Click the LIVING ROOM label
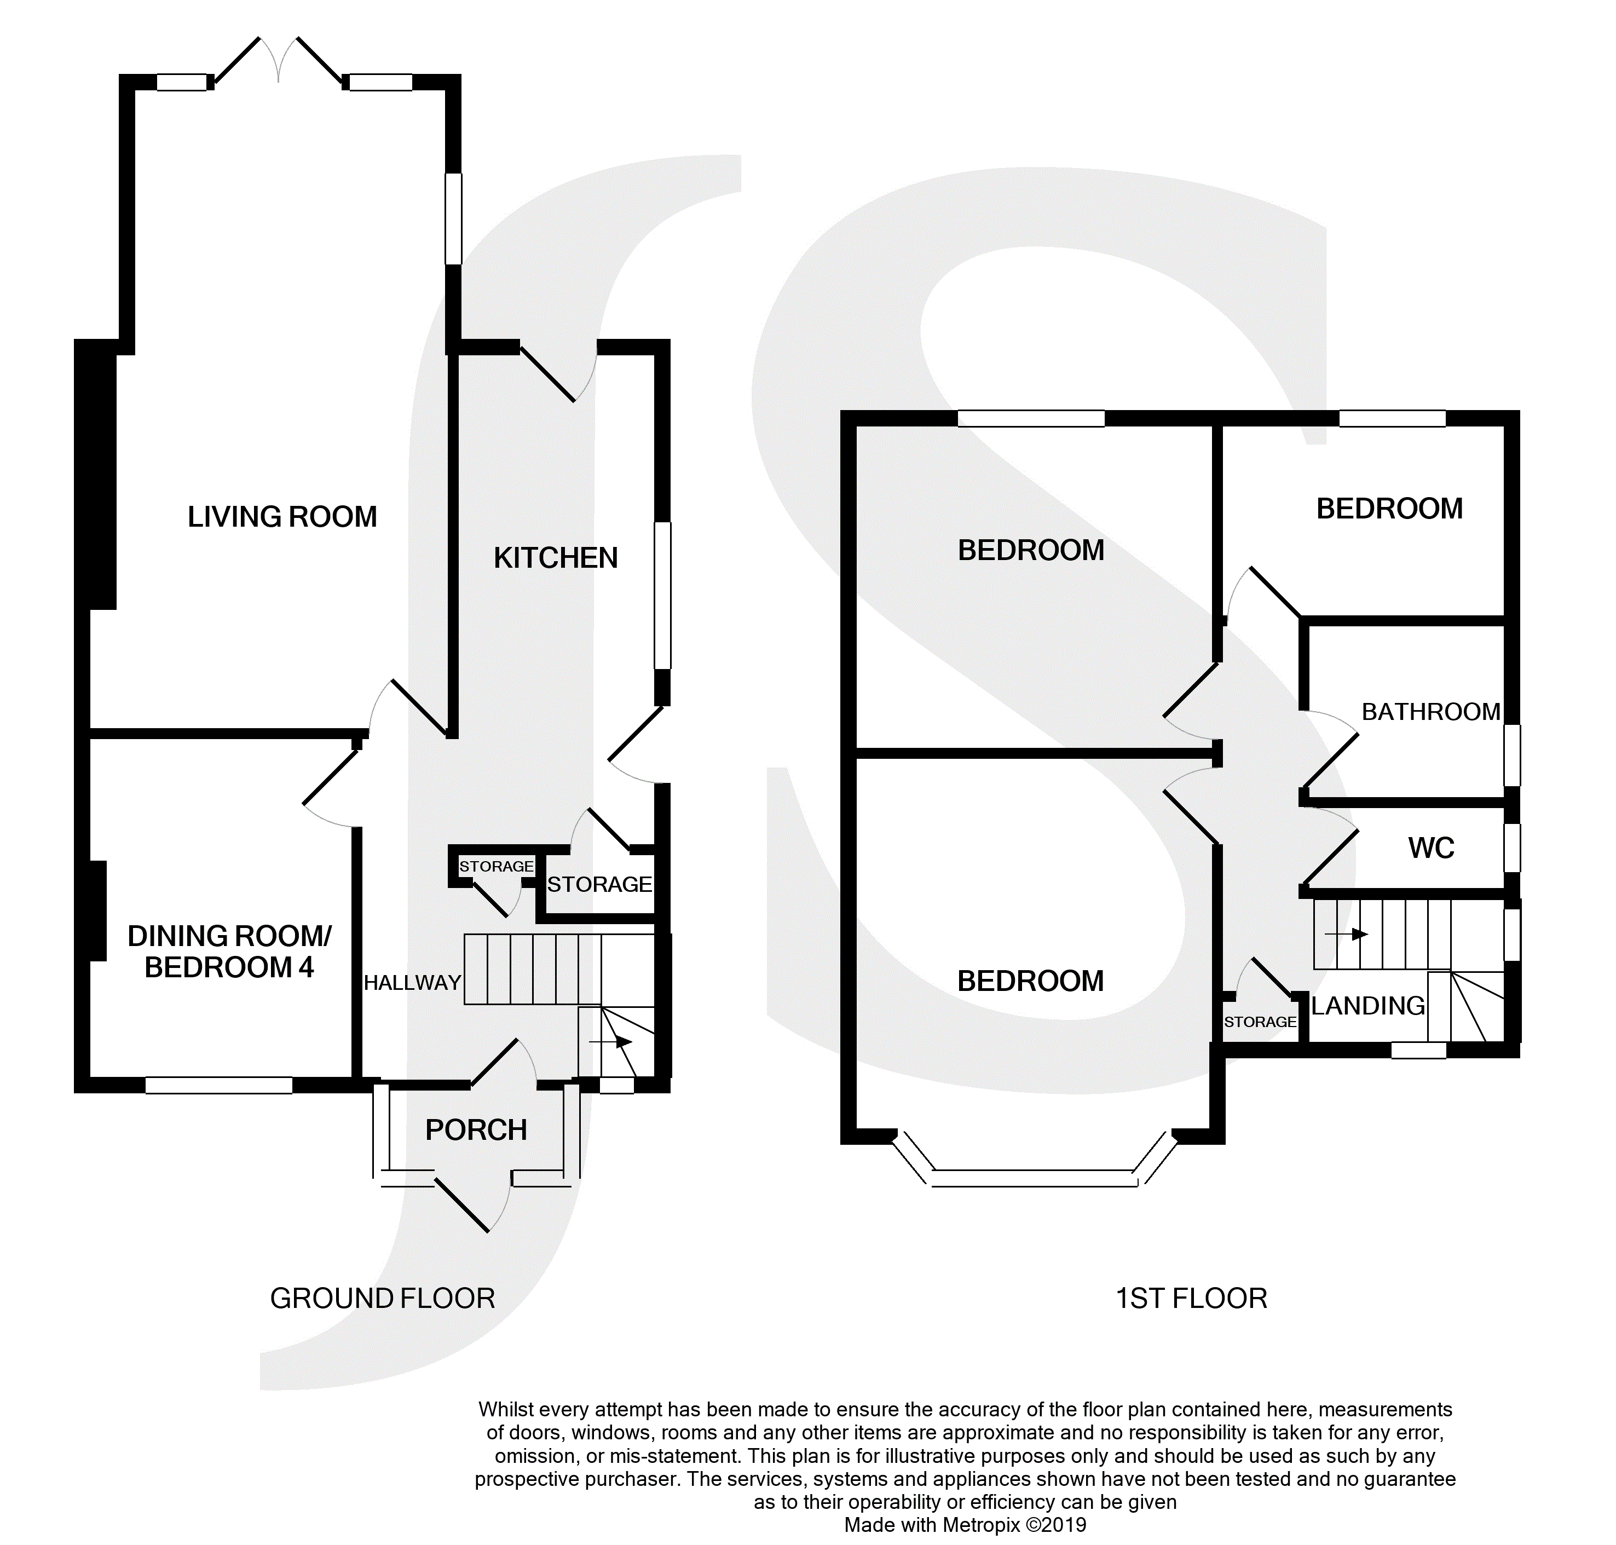click(282, 517)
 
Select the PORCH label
click(476, 1130)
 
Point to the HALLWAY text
click(412, 983)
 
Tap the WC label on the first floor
click(1430, 848)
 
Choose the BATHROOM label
click(1430, 712)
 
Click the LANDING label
click(1367, 1006)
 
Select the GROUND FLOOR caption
click(382, 1299)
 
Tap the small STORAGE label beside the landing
click(1260, 1022)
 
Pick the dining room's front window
click(218, 1086)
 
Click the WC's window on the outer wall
click(1512, 848)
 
